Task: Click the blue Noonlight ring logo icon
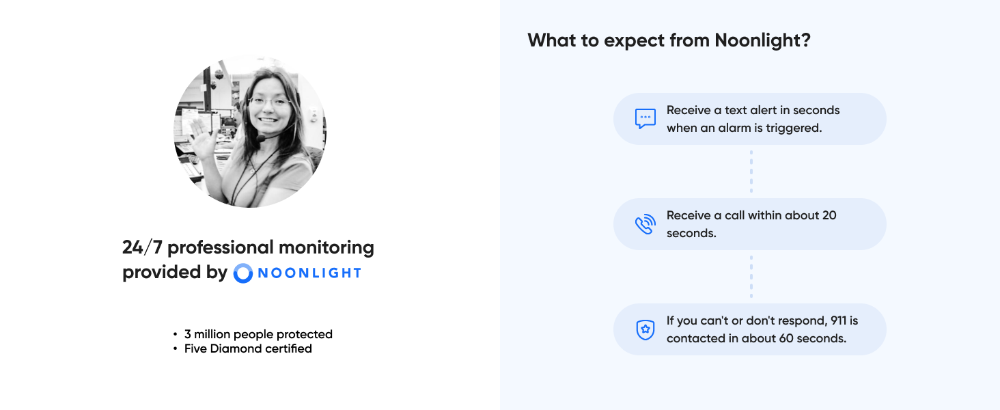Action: pyautogui.click(x=243, y=273)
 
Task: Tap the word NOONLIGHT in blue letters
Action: pyautogui.click(x=309, y=273)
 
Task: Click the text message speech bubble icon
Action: pyautogui.click(x=645, y=118)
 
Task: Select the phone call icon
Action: pyautogui.click(x=645, y=224)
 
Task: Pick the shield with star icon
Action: pyautogui.click(x=645, y=329)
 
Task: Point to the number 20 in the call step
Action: pyautogui.click(x=829, y=215)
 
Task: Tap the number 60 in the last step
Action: pyautogui.click(x=785, y=338)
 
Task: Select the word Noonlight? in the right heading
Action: pyautogui.click(x=762, y=40)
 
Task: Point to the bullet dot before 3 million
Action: pyautogui.click(x=176, y=335)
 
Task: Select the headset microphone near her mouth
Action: pyautogui.click(x=261, y=139)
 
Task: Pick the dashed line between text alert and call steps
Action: pyautogui.click(x=751, y=172)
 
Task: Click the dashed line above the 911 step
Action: pyautogui.click(x=751, y=277)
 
